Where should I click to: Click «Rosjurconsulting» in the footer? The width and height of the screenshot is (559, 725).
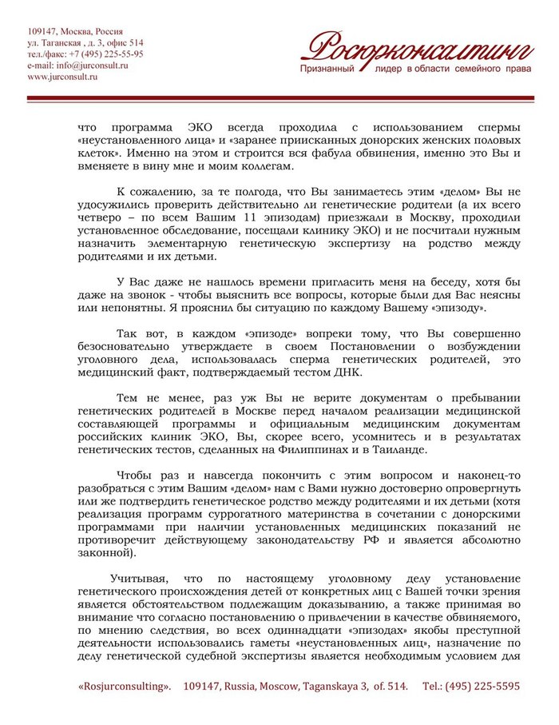click(x=125, y=687)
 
